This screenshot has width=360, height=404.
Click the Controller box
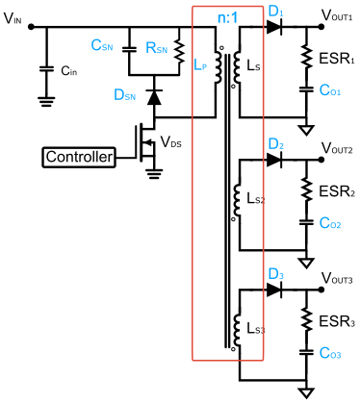(x=79, y=158)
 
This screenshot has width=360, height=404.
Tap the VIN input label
(x=13, y=18)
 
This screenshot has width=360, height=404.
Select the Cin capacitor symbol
(x=46, y=69)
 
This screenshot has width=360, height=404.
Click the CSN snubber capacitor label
(x=102, y=45)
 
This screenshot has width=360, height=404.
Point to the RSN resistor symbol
(x=179, y=52)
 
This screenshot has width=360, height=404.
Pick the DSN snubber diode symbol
(x=154, y=97)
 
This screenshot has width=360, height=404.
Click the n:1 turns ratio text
(x=227, y=17)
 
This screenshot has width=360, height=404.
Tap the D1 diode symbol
(x=274, y=27)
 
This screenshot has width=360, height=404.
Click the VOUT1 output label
(x=337, y=15)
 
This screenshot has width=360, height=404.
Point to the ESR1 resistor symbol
(x=306, y=57)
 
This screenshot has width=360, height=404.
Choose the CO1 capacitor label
(x=330, y=90)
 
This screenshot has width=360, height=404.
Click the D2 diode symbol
(x=274, y=160)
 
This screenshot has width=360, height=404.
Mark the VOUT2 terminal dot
(x=321, y=160)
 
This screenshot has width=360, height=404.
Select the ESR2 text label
(x=337, y=191)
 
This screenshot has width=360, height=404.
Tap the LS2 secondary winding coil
(x=237, y=200)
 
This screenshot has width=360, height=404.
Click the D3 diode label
(x=276, y=275)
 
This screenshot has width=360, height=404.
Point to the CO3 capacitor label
(x=330, y=353)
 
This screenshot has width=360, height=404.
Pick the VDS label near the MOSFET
(x=170, y=141)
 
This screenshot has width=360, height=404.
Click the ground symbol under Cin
(x=46, y=102)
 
